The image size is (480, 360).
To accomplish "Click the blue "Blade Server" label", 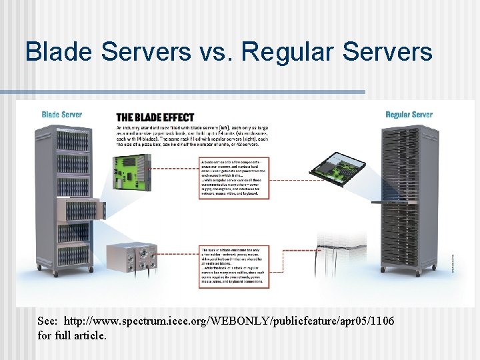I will pos(61,115).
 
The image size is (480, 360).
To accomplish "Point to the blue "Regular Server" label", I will pos(409,115).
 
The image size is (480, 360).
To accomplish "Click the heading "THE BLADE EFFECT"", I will pos(156,116).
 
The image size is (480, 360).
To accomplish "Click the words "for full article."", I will pos(72,335).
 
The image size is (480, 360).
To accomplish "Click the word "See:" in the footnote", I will pos(48,322).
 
